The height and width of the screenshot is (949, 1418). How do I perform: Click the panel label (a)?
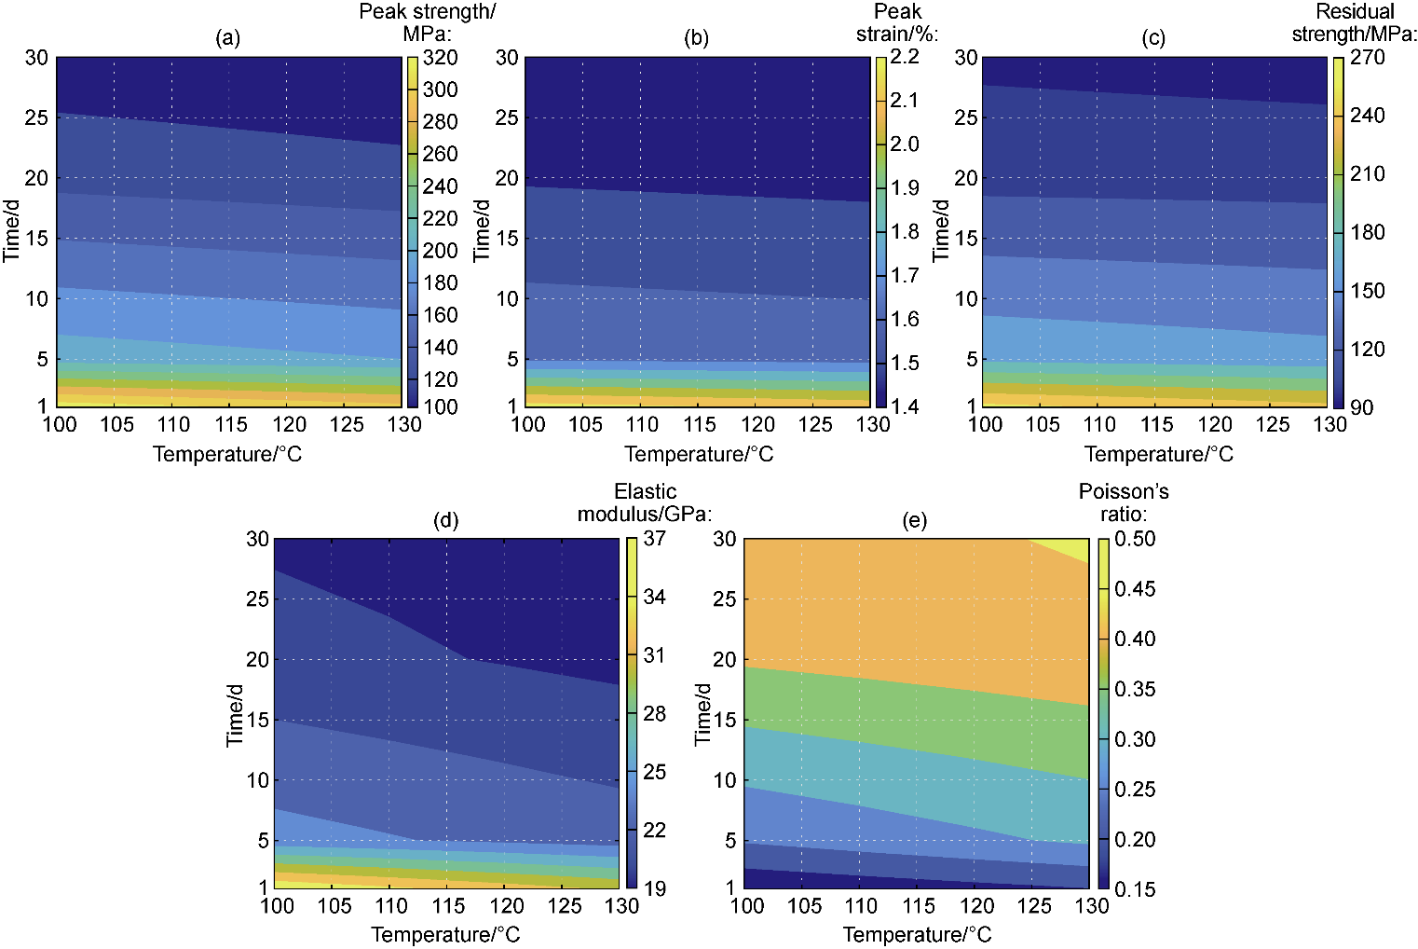(227, 38)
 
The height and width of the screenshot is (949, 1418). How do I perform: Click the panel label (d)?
(446, 520)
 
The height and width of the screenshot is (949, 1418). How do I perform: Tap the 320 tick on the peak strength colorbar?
(440, 58)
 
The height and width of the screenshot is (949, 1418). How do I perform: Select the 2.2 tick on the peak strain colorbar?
(905, 57)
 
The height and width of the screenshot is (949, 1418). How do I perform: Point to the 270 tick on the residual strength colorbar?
(1367, 57)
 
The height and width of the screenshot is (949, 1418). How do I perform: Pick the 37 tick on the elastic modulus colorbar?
(654, 539)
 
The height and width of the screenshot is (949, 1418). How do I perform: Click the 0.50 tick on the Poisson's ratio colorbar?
(1135, 539)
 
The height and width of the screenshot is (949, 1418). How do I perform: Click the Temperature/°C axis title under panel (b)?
(699, 454)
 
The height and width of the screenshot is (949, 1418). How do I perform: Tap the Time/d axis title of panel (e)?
(703, 714)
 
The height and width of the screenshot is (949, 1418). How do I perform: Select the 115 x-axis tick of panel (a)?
(230, 424)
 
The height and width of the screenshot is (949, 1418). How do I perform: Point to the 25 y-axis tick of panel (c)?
(966, 117)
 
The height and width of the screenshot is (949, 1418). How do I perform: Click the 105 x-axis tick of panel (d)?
(334, 905)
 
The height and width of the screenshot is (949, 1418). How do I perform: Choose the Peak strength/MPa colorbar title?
(428, 22)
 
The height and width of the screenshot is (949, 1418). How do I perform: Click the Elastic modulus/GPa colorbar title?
(645, 502)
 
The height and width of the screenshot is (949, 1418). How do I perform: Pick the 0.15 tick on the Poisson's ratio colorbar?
(1135, 889)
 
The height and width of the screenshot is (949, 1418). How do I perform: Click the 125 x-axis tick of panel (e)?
(1034, 905)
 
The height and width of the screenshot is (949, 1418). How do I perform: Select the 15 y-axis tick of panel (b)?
(506, 238)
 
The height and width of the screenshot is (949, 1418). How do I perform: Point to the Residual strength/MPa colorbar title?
(1355, 22)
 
